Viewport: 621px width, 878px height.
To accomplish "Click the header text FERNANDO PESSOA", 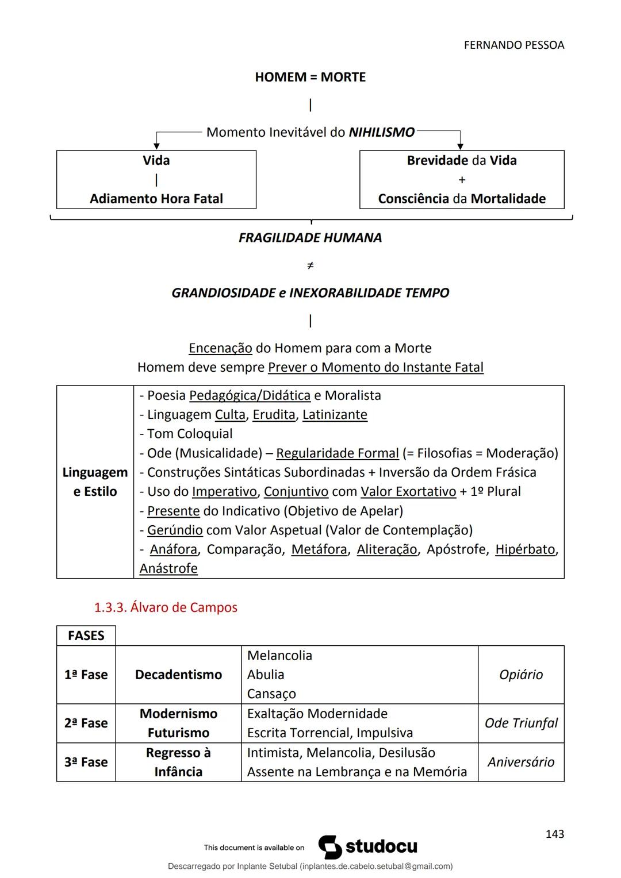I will tap(513, 45).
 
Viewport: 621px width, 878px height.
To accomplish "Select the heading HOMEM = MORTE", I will tap(310, 77).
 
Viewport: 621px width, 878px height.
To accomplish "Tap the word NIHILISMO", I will tap(382, 132).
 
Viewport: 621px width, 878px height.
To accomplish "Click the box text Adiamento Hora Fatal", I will tap(156, 199).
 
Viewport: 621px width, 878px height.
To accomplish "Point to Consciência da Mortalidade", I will tap(462, 199).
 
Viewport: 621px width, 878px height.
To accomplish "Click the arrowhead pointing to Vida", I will tap(156, 147).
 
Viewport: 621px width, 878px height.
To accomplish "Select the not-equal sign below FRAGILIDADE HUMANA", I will tap(310, 265).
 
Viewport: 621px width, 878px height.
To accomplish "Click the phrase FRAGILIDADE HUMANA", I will tap(310, 238).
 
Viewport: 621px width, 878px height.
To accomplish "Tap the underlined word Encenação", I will tap(220, 348).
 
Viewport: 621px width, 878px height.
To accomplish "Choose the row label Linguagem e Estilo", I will tap(95, 482).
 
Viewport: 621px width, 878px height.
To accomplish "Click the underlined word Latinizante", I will tap(335, 415).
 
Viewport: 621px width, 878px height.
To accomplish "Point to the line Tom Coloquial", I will tap(186, 434).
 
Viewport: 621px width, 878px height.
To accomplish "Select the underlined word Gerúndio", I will tap(175, 530).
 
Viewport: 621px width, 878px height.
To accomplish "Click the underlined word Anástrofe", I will tap(168, 568).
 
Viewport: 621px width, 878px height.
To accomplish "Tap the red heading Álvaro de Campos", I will tap(166, 607).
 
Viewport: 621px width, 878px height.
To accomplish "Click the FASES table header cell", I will tap(86, 636).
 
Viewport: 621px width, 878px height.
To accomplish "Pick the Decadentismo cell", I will tap(178, 675).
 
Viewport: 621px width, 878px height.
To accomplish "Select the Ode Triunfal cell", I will tap(521, 723).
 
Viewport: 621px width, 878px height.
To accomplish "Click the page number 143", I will tap(554, 834).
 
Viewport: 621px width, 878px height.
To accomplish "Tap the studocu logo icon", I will tap(330, 847).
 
